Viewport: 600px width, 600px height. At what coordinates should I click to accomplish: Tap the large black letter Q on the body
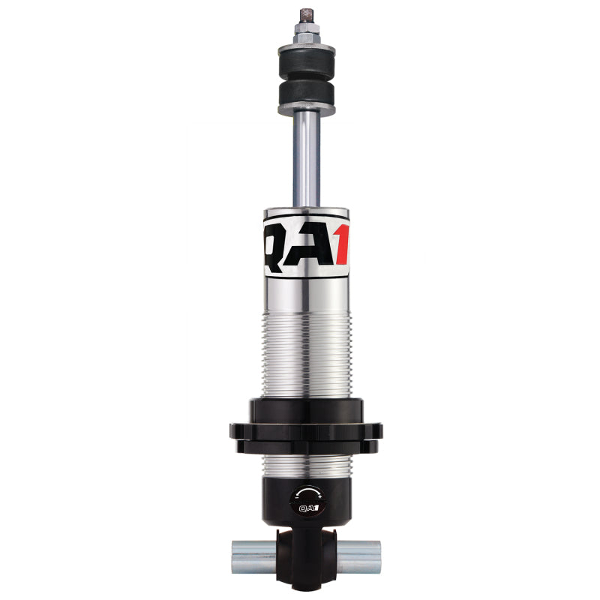(x=276, y=241)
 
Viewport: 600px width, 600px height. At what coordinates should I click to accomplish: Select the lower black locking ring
(x=305, y=441)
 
